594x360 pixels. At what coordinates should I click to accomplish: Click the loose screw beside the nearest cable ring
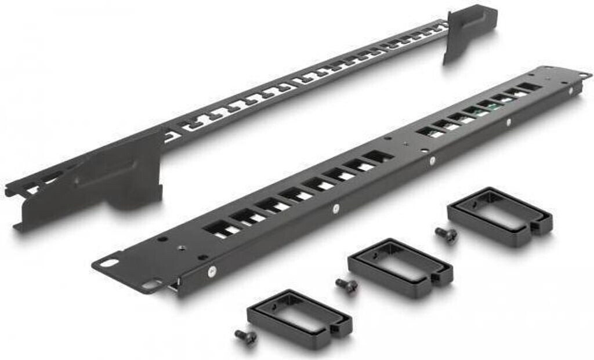[245, 336]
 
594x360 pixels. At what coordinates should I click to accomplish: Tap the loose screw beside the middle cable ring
[346, 285]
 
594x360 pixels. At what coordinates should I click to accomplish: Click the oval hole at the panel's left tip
[108, 262]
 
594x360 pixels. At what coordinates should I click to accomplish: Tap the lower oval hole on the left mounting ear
[149, 285]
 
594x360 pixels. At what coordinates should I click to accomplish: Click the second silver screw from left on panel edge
[335, 207]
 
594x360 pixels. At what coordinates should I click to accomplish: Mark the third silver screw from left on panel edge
[432, 158]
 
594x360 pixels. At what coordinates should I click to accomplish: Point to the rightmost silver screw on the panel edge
[509, 122]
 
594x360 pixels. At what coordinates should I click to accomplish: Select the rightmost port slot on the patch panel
[527, 87]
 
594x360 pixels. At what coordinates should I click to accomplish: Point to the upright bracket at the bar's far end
[470, 32]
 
